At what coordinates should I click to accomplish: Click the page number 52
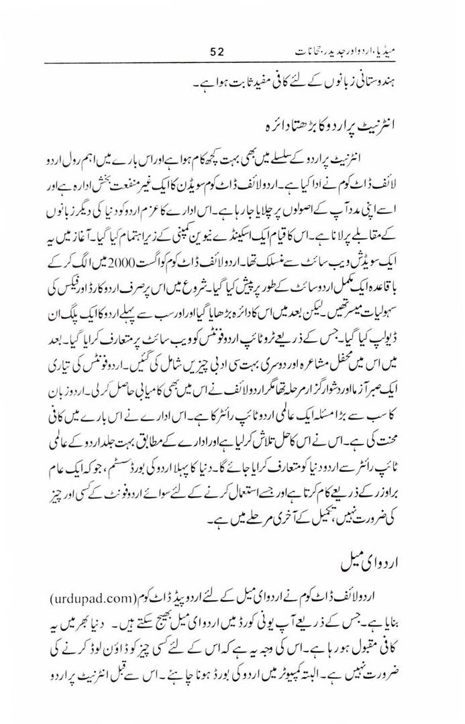(x=220, y=50)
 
